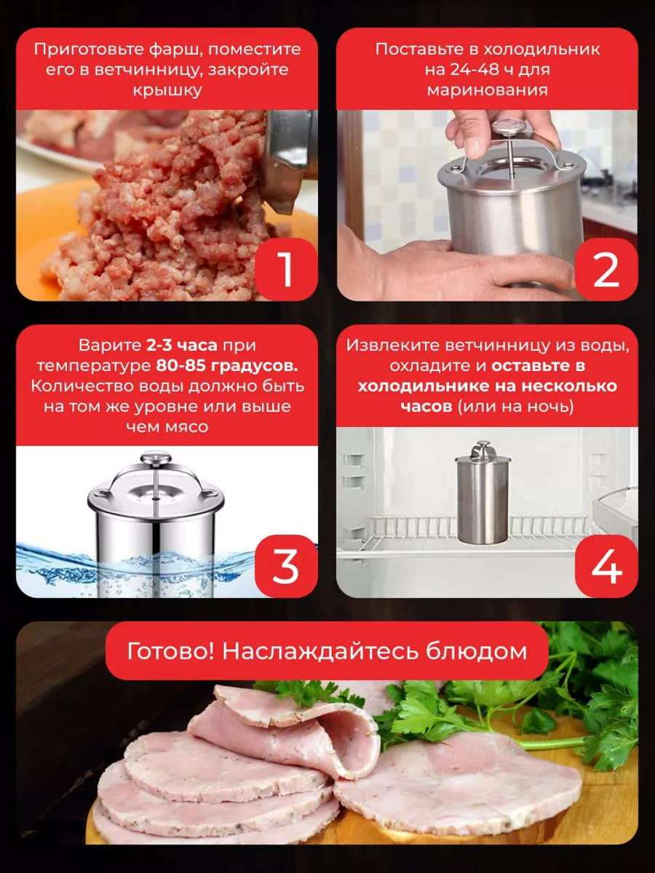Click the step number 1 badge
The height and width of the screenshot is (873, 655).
(x=286, y=270)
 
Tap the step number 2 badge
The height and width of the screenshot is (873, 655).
(x=606, y=270)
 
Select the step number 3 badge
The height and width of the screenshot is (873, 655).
(x=286, y=566)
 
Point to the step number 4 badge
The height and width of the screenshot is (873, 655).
(x=606, y=566)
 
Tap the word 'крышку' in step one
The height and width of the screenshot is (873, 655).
(x=167, y=91)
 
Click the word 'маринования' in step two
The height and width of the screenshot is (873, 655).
(x=487, y=91)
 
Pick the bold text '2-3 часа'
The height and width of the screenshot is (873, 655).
(x=182, y=346)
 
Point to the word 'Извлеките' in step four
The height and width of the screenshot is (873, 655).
(x=393, y=346)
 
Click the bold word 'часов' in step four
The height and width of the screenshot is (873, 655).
(x=426, y=407)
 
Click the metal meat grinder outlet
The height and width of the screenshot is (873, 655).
(x=290, y=159)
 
